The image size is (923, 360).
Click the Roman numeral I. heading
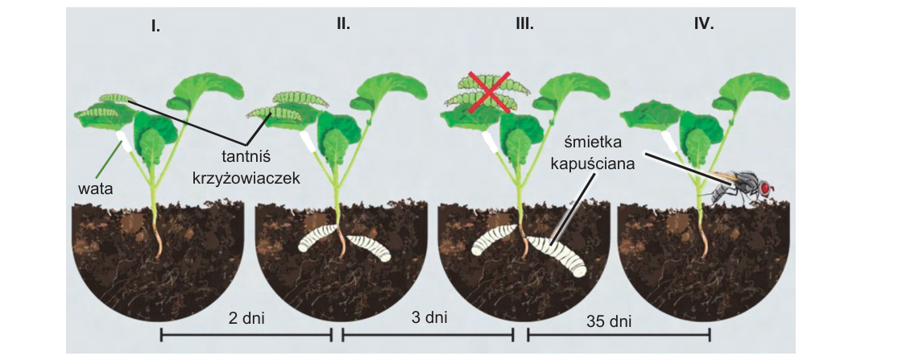point(155,27)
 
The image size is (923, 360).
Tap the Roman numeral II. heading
point(343,24)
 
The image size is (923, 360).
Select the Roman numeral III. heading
point(524,24)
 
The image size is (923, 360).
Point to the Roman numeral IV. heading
point(703,24)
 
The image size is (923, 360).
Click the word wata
point(94,188)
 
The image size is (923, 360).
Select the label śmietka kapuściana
point(593,154)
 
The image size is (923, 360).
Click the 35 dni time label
point(609,322)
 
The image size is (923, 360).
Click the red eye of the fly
point(766,188)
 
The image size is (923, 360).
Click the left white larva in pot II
point(318,239)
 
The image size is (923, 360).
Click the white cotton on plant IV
point(668,141)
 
